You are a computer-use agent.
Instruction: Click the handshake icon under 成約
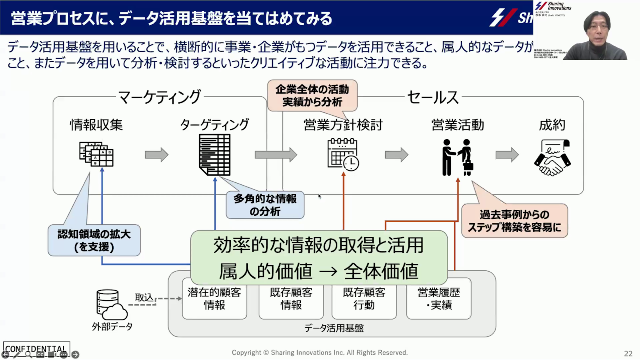(x=552, y=158)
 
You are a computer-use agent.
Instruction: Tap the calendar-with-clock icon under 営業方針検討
(x=343, y=154)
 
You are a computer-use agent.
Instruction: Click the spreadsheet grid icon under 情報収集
(x=96, y=154)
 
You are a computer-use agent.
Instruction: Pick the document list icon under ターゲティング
(x=215, y=155)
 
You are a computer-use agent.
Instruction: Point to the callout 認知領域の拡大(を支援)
(x=94, y=240)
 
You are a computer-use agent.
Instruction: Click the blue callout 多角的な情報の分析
(x=265, y=205)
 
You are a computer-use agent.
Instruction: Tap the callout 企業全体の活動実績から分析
(x=312, y=96)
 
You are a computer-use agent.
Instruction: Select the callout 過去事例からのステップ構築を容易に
(x=514, y=221)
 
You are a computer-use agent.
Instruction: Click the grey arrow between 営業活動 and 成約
(x=507, y=155)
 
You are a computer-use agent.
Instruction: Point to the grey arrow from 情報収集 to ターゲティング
(x=156, y=155)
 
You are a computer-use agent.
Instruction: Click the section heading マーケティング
(x=160, y=97)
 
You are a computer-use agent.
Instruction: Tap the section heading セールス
(x=433, y=97)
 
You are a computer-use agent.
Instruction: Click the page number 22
(x=628, y=353)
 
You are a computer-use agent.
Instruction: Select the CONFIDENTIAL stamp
(x=36, y=348)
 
